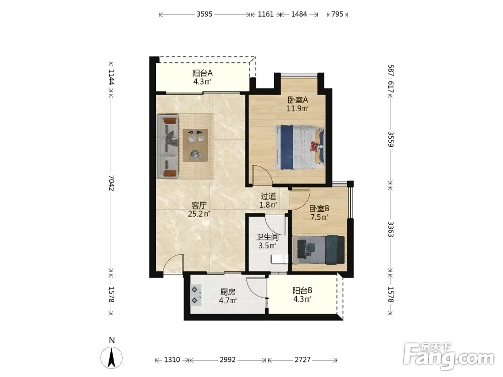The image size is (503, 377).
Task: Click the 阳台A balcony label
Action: pyautogui.click(x=202, y=73)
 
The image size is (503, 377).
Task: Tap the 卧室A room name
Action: pyautogui.click(x=298, y=100)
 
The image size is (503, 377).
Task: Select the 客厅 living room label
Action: pyautogui.click(x=199, y=205)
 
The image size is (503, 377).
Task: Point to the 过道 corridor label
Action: pyautogui.click(x=268, y=196)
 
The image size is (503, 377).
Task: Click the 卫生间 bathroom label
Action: pyautogui.click(x=267, y=237)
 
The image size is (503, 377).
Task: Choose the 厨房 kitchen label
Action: pyautogui.click(x=228, y=292)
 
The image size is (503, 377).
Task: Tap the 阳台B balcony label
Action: pyautogui.click(x=302, y=291)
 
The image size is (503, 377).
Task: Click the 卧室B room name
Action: pyautogui.click(x=319, y=209)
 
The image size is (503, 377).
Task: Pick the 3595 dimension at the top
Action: pyautogui.click(x=205, y=14)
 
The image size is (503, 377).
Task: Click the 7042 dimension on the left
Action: pyautogui.click(x=111, y=183)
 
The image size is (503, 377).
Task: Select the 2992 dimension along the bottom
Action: pyautogui.click(x=227, y=360)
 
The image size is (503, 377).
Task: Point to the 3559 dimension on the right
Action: pyautogui.click(x=390, y=139)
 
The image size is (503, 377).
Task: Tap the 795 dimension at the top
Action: pyautogui.click(x=337, y=14)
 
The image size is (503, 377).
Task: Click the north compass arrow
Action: pyautogui.click(x=112, y=358)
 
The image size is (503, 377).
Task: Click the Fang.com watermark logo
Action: pyautogui.click(x=449, y=356)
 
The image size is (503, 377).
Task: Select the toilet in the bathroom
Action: pyautogui.click(x=279, y=258)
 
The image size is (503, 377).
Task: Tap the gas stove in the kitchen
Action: pyautogui.click(x=196, y=295)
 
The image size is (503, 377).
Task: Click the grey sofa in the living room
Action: pyautogui.click(x=167, y=146)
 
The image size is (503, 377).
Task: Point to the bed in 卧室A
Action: pyautogui.click(x=300, y=147)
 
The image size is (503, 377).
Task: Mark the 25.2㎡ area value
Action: pyautogui.click(x=199, y=214)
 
